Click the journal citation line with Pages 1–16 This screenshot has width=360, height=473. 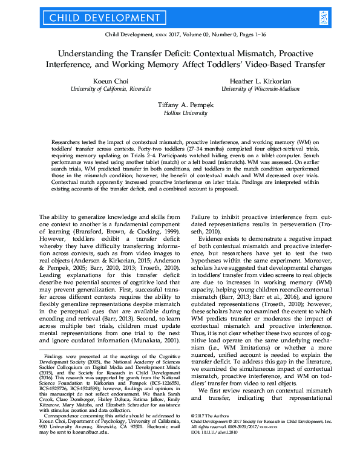pyautogui.click(x=180, y=36)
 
